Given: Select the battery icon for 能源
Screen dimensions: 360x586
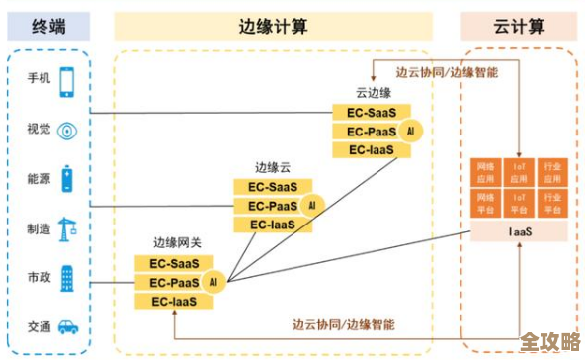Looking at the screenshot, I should click(67, 179).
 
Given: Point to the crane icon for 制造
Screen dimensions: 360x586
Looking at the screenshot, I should click(67, 228).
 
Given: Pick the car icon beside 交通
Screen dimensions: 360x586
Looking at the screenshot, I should click(68, 325).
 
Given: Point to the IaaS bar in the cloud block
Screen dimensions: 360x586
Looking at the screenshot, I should click(519, 231).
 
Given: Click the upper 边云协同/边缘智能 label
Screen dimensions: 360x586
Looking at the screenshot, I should click(446, 72).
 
